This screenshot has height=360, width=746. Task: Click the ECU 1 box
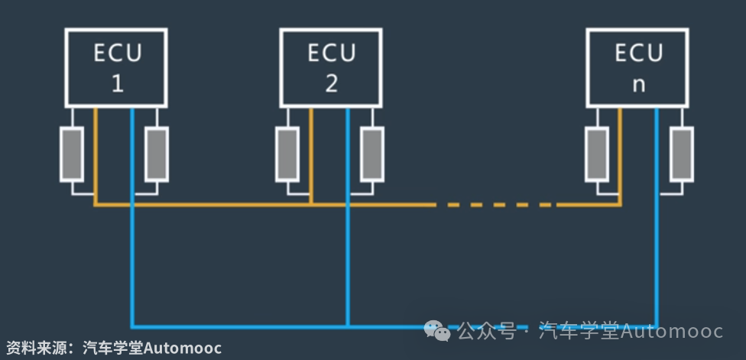(117, 67)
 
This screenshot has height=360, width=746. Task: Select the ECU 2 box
(331, 67)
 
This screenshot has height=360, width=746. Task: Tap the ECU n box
(638, 67)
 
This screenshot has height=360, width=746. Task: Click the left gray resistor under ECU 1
(73, 154)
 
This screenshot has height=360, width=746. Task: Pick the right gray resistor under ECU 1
(157, 154)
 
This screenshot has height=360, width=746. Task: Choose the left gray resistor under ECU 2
(287, 154)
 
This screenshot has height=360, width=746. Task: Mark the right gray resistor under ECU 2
(371, 154)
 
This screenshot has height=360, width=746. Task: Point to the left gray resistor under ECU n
(597, 154)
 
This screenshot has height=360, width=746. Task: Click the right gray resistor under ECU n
(681, 154)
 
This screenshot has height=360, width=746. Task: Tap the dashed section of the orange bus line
(497, 205)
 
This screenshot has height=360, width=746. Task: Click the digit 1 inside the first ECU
(118, 83)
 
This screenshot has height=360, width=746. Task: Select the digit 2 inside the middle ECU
(331, 83)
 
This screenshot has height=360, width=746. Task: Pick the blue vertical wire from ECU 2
(348, 252)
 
